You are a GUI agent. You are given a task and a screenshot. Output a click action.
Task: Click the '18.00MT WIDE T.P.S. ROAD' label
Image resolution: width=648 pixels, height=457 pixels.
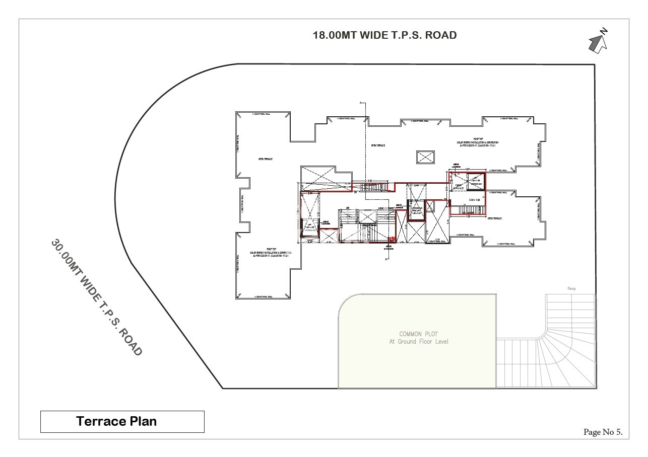click(x=385, y=35)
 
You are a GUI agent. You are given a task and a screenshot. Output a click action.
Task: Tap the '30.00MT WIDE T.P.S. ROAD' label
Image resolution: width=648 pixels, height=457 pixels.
click(x=96, y=297)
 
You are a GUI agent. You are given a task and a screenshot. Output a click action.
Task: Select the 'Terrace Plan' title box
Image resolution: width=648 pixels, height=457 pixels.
click(x=122, y=422)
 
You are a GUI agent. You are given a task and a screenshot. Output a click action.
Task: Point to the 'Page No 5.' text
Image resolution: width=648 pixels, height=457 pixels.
click(x=603, y=432)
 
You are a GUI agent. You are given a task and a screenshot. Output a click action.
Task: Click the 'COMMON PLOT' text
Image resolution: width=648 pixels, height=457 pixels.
click(x=418, y=334)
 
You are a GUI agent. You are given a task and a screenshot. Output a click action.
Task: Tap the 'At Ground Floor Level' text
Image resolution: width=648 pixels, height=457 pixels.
click(x=418, y=342)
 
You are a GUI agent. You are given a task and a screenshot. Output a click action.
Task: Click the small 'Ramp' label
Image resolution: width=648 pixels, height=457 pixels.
click(x=571, y=289)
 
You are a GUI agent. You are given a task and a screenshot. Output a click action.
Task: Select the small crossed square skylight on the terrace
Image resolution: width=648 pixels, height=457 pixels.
click(x=425, y=157)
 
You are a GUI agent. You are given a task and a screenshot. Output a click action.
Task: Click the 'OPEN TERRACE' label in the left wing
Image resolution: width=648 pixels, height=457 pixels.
click(x=266, y=159)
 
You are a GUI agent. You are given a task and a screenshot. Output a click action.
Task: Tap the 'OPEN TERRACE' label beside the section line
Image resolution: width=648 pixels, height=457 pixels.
click(x=378, y=145)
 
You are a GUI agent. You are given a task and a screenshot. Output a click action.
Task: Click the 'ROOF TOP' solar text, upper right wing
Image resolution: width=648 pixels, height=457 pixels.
click(x=477, y=141)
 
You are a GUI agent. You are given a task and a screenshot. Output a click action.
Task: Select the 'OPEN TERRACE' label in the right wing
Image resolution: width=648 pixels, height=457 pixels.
click(x=494, y=218)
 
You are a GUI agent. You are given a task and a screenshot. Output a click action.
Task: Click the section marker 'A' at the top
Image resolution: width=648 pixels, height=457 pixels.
click(x=361, y=103)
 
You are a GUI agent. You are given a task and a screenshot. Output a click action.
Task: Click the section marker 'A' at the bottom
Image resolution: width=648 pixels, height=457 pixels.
click(x=386, y=260)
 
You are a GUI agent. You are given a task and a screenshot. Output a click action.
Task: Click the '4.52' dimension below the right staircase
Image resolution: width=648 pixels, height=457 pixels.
click(x=468, y=216)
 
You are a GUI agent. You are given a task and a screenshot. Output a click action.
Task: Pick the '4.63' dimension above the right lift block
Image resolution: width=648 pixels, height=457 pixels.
click(x=467, y=170)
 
